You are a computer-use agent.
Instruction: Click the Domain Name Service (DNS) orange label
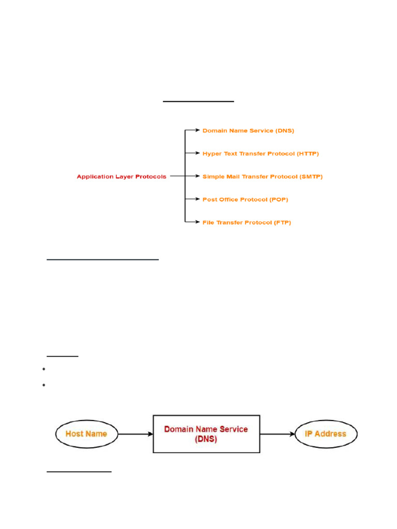(x=248, y=131)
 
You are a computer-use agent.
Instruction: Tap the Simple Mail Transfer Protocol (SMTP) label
(x=262, y=177)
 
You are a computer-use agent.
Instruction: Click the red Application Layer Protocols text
(x=121, y=177)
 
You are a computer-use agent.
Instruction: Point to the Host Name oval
(x=86, y=434)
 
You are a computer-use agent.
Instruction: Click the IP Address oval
(x=325, y=434)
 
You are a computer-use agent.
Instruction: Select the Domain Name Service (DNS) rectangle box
(x=206, y=434)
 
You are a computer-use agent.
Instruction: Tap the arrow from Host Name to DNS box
(x=136, y=434)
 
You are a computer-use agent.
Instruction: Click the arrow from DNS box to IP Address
(x=277, y=434)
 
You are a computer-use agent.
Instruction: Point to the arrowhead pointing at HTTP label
(x=197, y=153)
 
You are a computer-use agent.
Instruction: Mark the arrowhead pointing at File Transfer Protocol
(x=197, y=222)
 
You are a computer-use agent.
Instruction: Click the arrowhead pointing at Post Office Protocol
(x=197, y=199)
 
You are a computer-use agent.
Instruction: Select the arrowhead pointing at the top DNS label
(x=197, y=130)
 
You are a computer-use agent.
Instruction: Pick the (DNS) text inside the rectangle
(x=206, y=440)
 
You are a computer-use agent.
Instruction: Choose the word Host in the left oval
(x=75, y=434)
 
